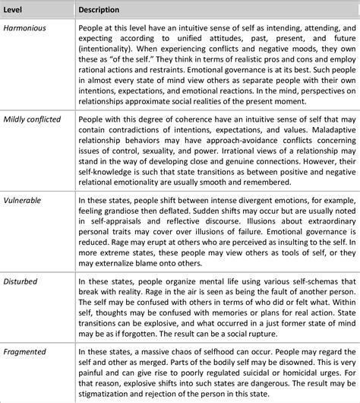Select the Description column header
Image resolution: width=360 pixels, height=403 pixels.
pos(103,9)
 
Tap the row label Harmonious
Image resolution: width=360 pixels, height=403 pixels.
pos(24,27)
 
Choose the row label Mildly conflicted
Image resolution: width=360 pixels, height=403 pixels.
pos(33,119)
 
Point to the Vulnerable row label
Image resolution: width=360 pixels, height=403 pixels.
pos(22,201)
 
